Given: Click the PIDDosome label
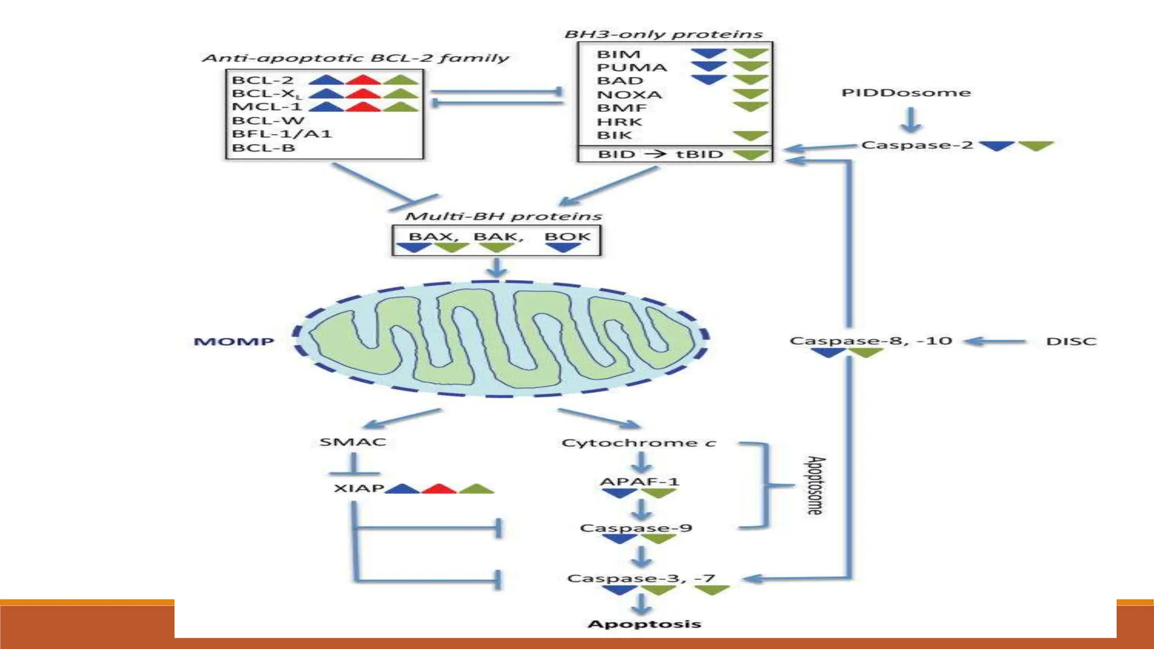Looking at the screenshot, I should coord(906,92).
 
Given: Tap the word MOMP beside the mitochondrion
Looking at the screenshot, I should coord(234,341).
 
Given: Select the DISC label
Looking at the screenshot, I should coord(1071,341).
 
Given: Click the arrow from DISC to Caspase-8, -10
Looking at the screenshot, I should coord(995,341).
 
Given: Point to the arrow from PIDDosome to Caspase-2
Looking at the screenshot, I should coord(911,119).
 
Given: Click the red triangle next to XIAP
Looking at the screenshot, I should coord(439,488).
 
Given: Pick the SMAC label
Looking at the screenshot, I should coord(353,442).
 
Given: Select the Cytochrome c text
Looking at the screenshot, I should coord(638,443).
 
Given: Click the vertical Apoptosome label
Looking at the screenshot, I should coord(814,486).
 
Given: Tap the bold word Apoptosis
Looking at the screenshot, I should coord(644,624).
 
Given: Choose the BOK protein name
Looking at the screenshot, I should coord(567,237).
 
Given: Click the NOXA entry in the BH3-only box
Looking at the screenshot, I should coord(629,95).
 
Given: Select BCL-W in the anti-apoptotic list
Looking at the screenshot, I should coord(268,121).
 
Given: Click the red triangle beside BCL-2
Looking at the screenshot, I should coord(363,80).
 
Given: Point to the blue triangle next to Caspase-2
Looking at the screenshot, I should coord(996,146).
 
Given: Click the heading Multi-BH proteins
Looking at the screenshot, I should coord(503,216).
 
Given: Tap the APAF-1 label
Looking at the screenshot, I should coord(639,482).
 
